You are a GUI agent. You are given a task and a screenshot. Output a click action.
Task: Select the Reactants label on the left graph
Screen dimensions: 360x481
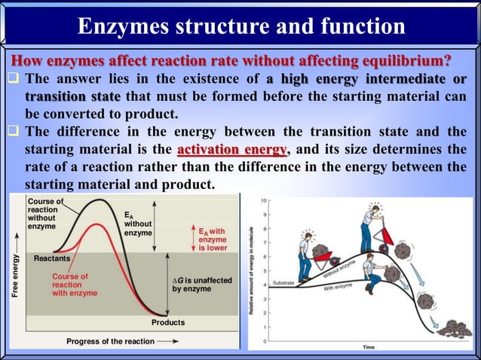tap(51, 258)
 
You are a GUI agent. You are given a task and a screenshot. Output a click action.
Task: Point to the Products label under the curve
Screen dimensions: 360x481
tap(167, 322)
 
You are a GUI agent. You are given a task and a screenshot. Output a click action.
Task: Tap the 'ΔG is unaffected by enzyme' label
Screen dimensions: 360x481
tap(202, 285)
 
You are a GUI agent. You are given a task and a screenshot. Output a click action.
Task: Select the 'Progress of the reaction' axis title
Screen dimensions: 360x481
tap(110, 341)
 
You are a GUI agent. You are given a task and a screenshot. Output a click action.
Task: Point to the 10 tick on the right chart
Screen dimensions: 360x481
tap(262, 201)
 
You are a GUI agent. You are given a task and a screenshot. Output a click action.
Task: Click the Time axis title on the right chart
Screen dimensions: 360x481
tap(369, 347)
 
